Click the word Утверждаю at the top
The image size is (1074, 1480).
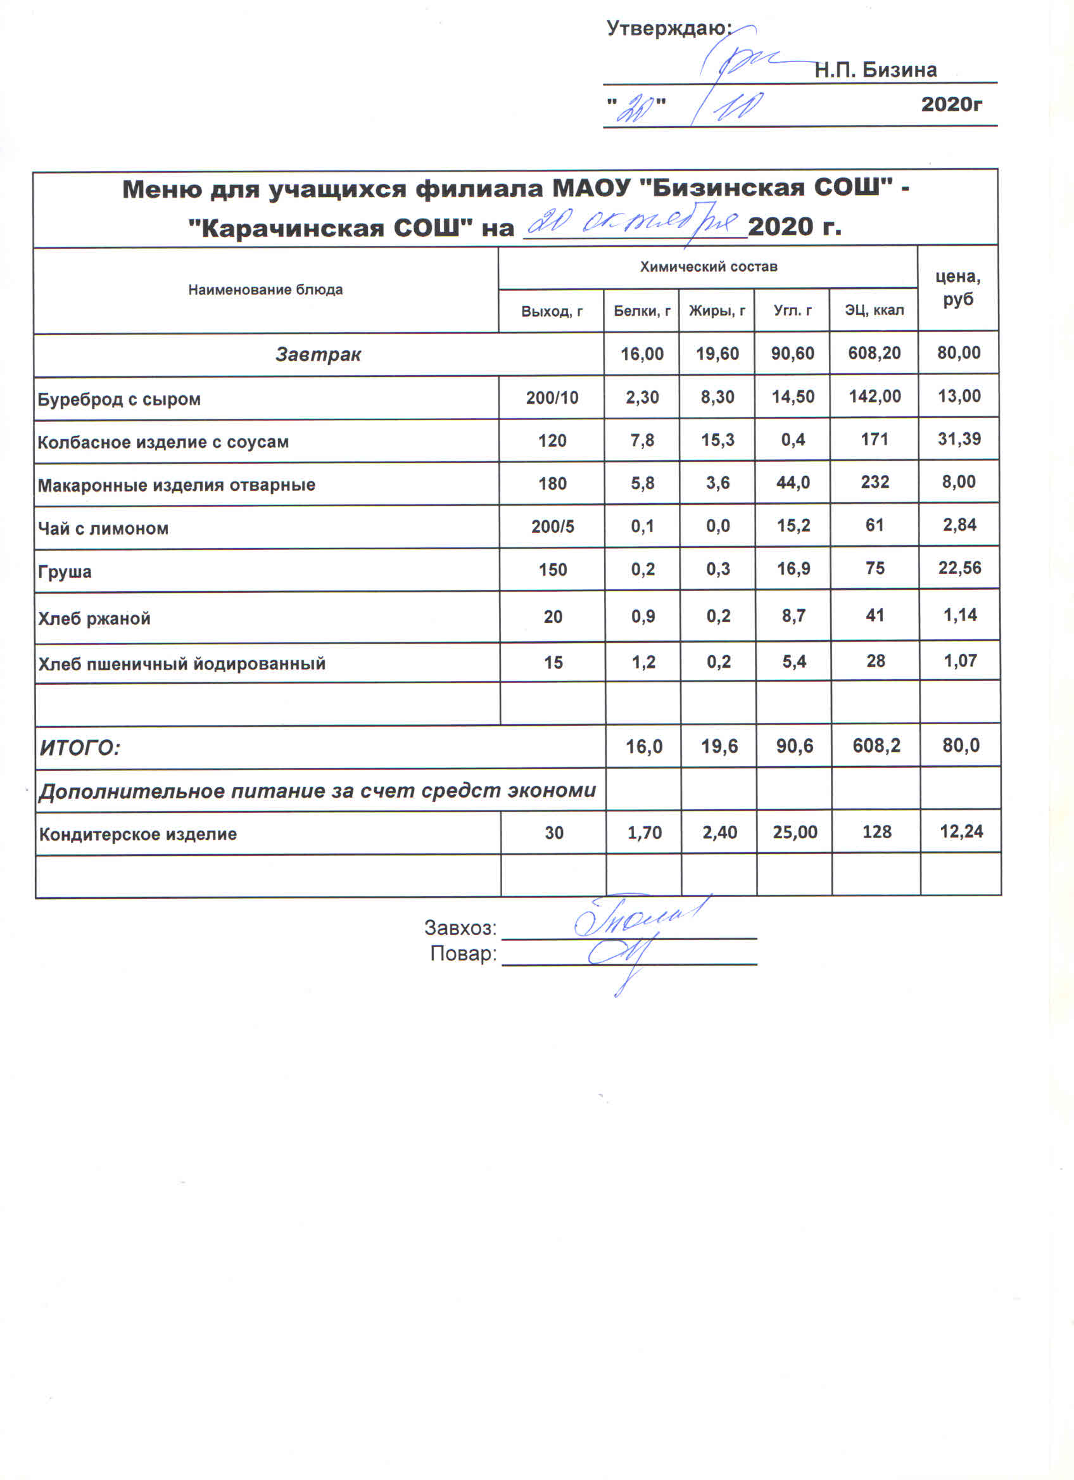coord(668,29)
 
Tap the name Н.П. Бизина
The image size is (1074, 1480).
coord(875,70)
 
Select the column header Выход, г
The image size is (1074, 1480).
coord(552,311)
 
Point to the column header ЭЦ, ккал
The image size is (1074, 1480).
coord(874,310)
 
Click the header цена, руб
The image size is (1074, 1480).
coord(958,288)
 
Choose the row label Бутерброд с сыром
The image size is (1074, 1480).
coord(118,399)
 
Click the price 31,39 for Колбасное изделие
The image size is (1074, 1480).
coord(959,438)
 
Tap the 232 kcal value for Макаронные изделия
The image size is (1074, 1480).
coord(875,482)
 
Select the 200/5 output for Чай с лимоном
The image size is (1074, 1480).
coord(552,526)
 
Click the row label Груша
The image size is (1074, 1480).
coord(65,571)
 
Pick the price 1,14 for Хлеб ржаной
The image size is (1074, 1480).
coord(960,615)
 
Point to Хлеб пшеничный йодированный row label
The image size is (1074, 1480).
coord(181,663)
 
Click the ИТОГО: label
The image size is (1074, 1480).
coord(80,747)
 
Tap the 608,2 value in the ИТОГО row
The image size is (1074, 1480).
coord(876,745)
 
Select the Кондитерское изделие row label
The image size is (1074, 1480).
coord(137,834)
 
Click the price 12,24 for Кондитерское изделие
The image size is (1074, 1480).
coord(961,831)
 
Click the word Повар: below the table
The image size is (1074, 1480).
coord(463,954)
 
